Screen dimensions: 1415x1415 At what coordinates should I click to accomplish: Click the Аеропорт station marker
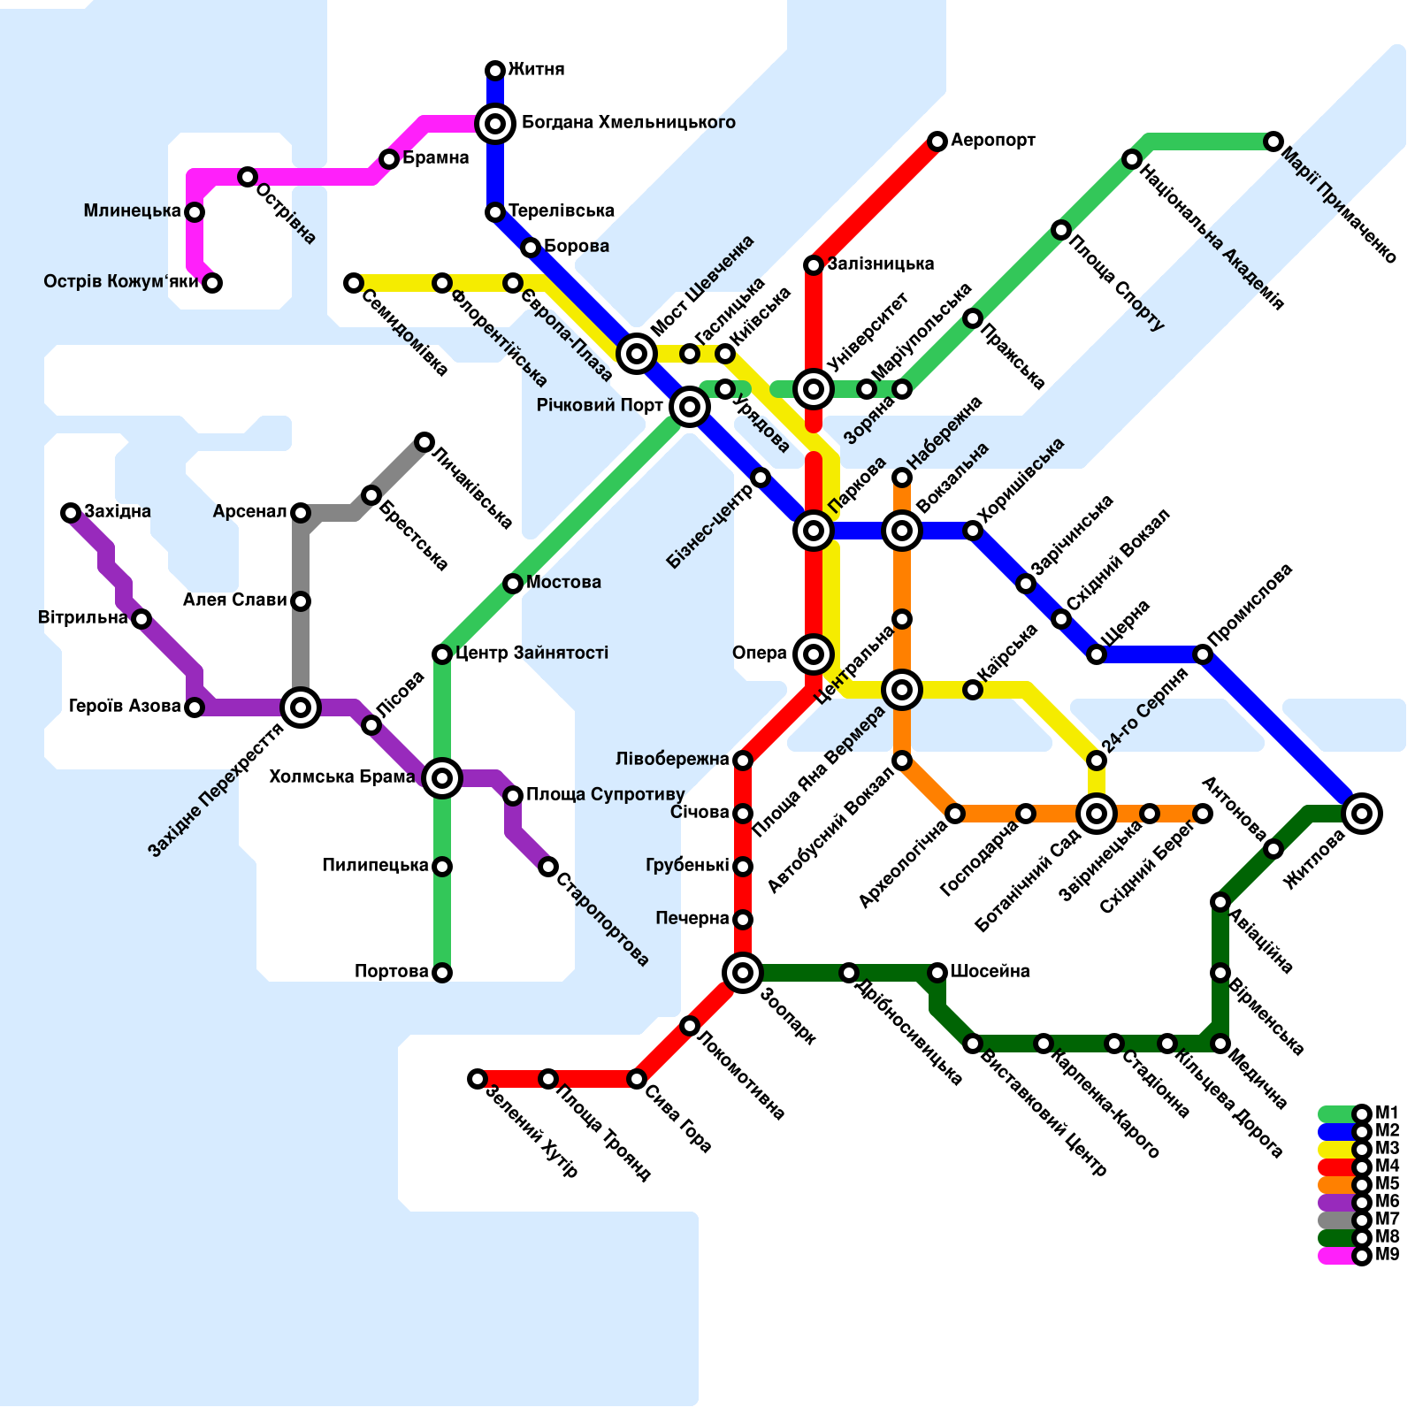point(937,141)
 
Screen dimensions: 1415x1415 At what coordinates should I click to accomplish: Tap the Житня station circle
point(495,71)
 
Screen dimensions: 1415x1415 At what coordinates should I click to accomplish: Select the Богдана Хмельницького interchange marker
point(495,124)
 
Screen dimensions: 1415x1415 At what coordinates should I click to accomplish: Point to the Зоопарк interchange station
point(743,973)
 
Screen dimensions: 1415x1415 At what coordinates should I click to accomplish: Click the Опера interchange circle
point(814,654)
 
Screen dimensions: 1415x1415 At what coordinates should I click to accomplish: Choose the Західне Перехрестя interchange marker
point(301,707)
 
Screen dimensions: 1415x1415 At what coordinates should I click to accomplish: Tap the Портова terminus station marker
point(442,973)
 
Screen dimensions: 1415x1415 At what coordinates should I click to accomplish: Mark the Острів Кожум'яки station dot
point(212,283)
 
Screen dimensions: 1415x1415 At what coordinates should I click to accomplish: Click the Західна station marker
point(71,513)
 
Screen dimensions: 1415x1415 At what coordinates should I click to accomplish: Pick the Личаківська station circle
point(424,442)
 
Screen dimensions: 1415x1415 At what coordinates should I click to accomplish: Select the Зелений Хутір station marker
point(478,1079)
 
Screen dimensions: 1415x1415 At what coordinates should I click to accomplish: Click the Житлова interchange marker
point(1362,814)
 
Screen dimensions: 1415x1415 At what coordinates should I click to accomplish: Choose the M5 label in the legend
point(1387,1184)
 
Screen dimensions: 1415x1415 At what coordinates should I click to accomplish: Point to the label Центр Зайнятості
point(532,654)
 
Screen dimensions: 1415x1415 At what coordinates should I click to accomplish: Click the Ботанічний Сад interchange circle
point(1097,814)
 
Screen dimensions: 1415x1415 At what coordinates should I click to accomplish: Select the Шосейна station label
point(990,972)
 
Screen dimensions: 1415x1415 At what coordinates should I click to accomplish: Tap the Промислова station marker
point(1203,654)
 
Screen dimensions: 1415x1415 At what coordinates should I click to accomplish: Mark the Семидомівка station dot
point(354,283)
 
